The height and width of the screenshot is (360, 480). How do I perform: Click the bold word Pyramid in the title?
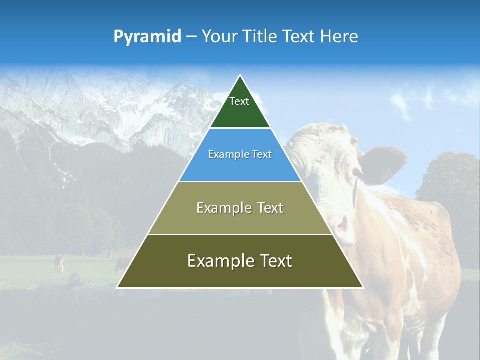click(x=147, y=37)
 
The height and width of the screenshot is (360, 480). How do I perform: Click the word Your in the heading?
click(x=218, y=37)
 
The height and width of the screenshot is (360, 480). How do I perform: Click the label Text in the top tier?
click(x=239, y=101)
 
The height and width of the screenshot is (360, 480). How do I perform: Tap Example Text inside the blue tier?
click(x=240, y=155)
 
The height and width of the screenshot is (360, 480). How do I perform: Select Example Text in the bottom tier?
click(x=240, y=261)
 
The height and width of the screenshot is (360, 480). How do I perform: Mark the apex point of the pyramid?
click(x=240, y=75)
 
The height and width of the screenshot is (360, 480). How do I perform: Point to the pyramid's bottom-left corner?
click(x=117, y=287)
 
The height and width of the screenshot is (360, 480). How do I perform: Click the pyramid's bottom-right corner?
click(x=363, y=287)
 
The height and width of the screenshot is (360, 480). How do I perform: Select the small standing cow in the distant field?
click(x=59, y=263)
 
